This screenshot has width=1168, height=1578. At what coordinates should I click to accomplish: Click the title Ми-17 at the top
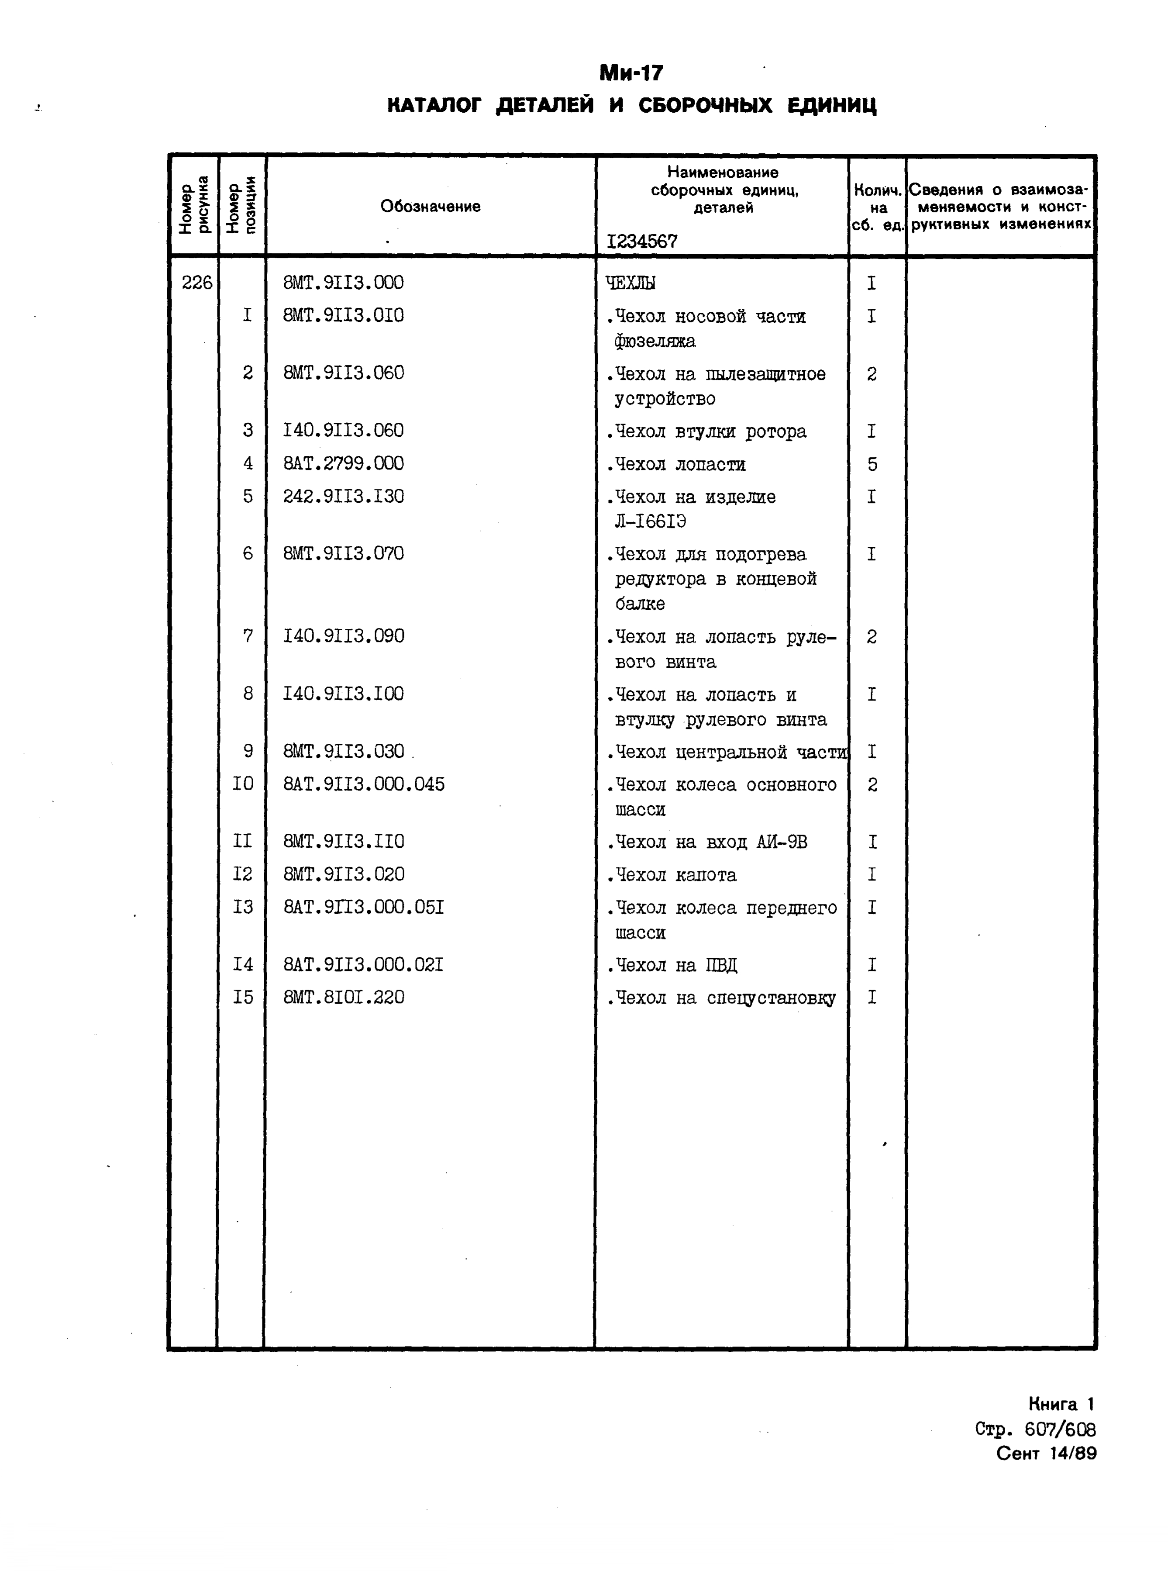[631, 73]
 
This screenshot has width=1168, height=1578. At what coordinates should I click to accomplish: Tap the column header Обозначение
[430, 207]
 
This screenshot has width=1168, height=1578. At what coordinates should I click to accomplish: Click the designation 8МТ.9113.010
[344, 315]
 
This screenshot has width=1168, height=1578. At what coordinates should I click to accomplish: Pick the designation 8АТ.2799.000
[344, 463]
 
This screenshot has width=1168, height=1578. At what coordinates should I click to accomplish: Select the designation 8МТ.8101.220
[344, 997]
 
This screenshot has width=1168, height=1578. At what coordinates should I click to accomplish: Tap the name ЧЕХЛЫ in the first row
[631, 283]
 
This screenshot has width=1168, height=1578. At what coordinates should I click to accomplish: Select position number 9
[248, 751]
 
